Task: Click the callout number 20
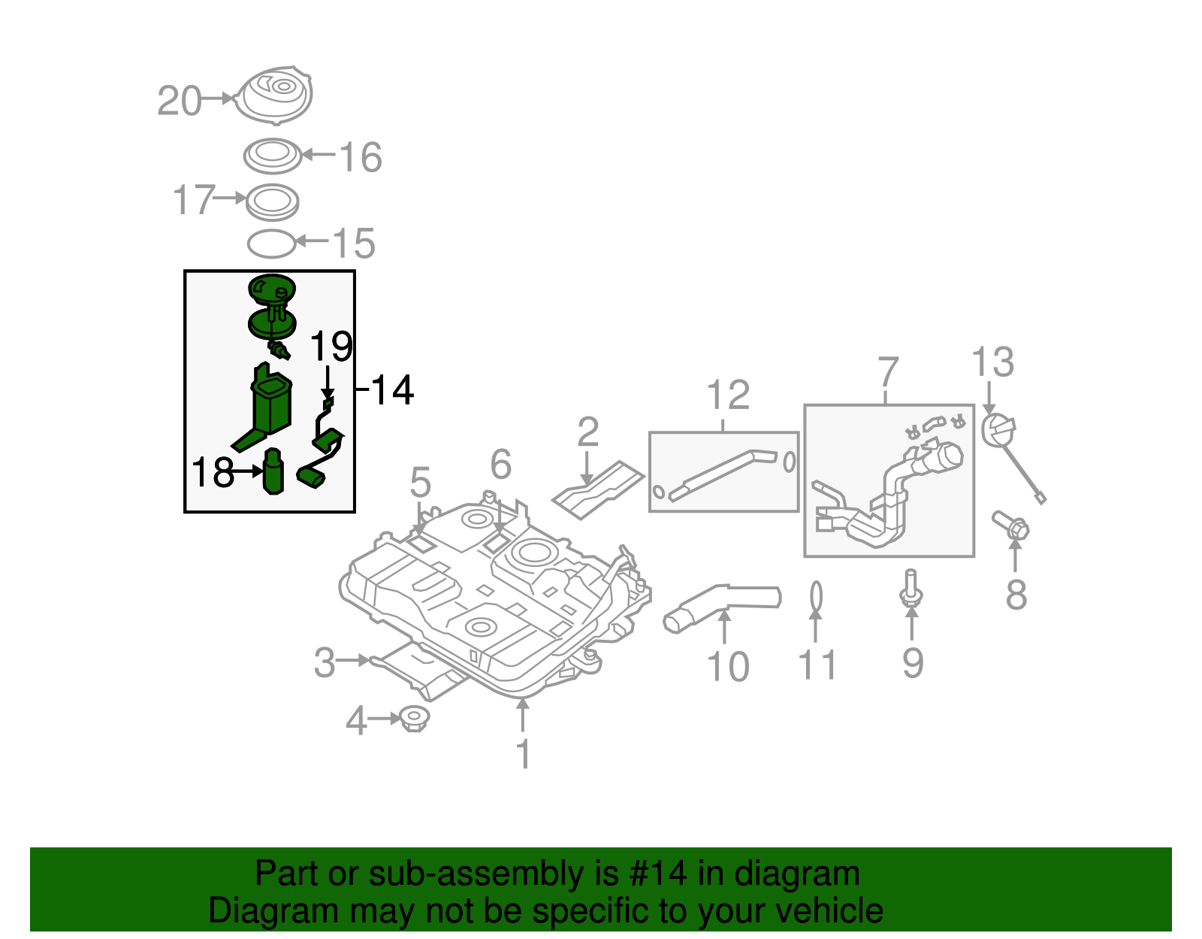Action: (x=180, y=101)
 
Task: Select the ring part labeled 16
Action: (x=273, y=156)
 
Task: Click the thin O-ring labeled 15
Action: (x=271, y=243)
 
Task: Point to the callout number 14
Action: (x=392, y=390)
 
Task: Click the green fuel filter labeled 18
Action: (x=273, y=471)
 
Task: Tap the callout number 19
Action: (x=331, y=347)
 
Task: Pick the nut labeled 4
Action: (x=413, y=719)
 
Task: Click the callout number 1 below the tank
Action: (x=524, y=754)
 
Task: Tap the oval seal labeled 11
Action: (x=816, y=597)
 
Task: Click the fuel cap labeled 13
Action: (x=999, y=431)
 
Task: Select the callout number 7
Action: (x=888, y=372)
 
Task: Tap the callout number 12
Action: (x=728, y=395)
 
